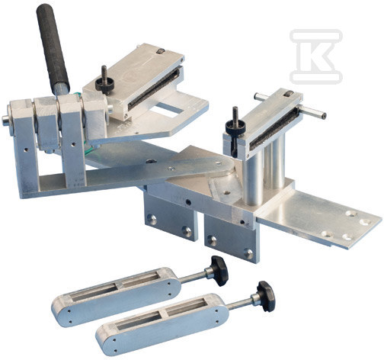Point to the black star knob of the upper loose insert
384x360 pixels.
tap(219, 269)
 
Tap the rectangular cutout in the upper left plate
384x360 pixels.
tap(171, 114)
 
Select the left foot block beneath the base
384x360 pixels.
tap(168, 215)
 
